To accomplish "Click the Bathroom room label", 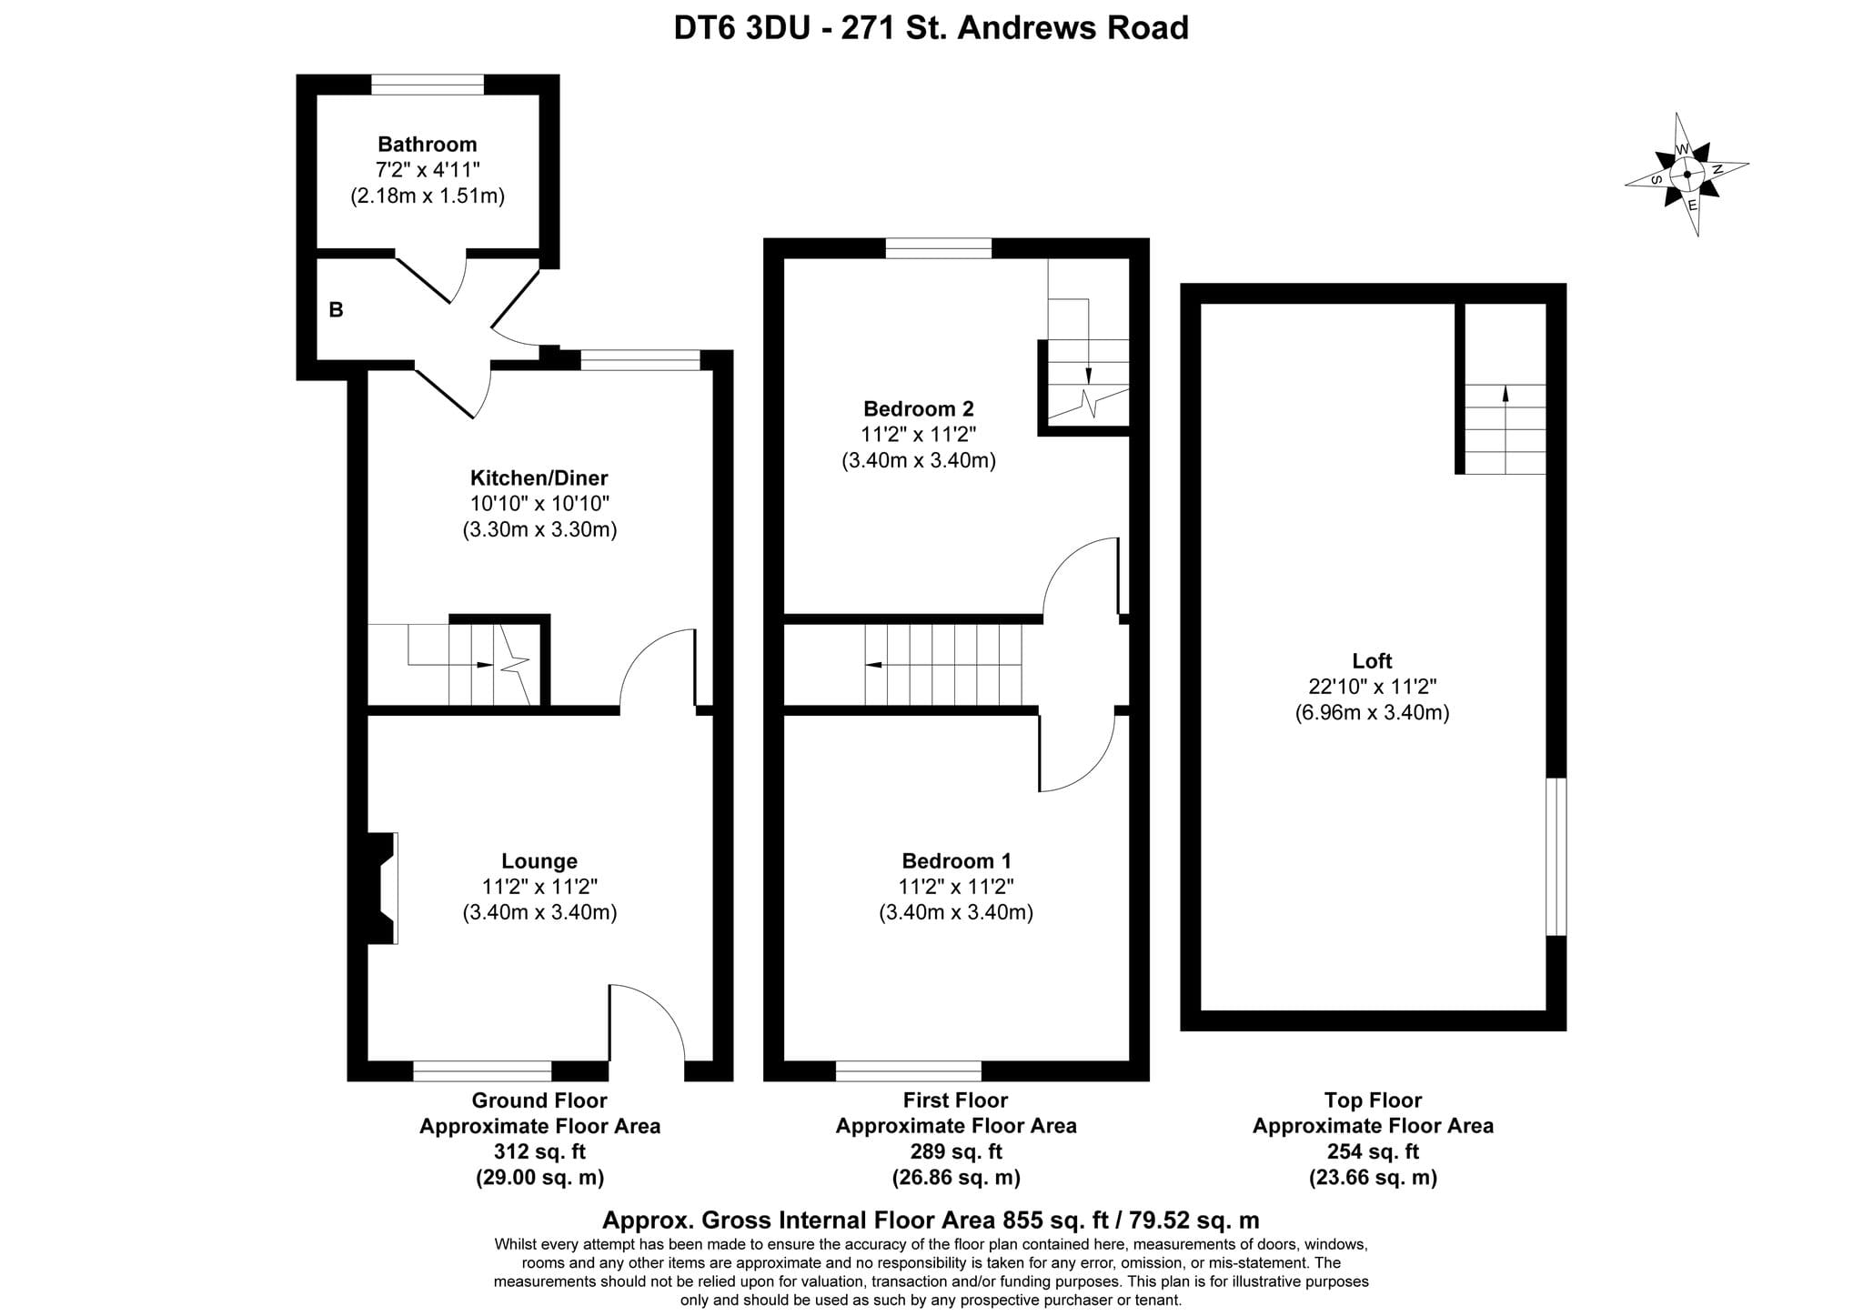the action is coord(427,144).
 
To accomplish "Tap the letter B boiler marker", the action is coord(336,310).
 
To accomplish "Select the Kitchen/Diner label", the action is coord(539,477).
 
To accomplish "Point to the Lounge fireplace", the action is coord(382,888).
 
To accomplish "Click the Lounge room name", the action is coord(539,860).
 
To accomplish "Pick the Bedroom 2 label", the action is coord(919,408).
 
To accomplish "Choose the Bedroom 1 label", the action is coord(956,860).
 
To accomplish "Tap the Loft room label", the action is coord(1372,661).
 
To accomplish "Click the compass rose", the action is coord(1687,174).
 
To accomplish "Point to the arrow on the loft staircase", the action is coord(1506,394).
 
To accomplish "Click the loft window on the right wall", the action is coord(1556,857).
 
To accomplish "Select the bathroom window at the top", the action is coord(428,85).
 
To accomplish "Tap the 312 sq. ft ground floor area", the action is coord(539,1151).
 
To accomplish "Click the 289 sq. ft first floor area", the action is coord(956,1151).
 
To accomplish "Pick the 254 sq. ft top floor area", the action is coord(1373,1151).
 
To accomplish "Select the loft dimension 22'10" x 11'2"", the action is coord(1372,687).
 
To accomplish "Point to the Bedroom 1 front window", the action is coord(909,1070).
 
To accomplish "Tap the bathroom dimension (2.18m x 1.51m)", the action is coord(428,196).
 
